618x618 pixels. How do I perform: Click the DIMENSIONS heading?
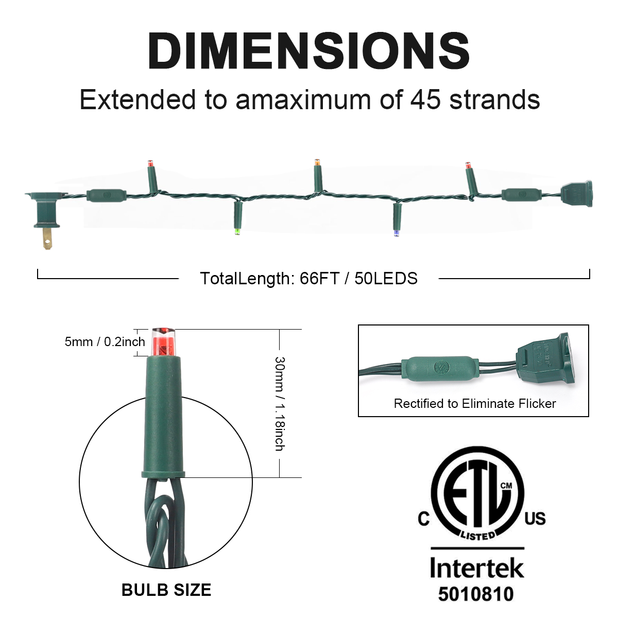click(x=309, y=50)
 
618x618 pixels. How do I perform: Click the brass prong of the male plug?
click(x=47, y=237)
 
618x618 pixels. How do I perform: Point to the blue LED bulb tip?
click(x=397, y=232)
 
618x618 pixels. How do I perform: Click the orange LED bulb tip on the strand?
click(x=317, y=162)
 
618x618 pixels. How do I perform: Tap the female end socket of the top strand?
click(x=576, y=194)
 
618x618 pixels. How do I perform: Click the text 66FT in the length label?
click(x=319, y=278)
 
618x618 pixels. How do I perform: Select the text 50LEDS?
click(x=386, y=278)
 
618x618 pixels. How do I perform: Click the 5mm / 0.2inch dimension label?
click(x=105, y=342)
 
